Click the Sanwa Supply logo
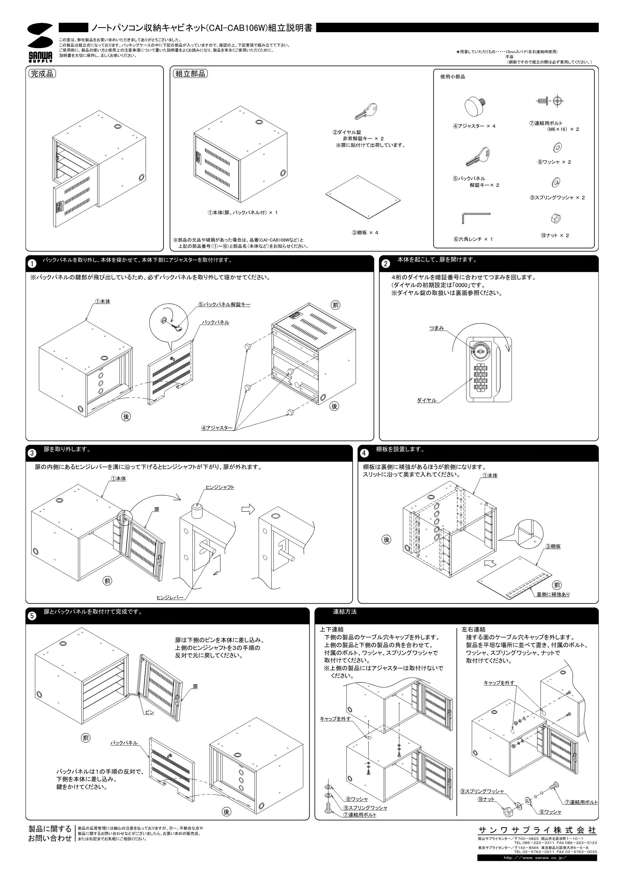(40, 42)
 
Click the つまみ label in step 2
(436, 328)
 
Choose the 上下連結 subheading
(332, 629)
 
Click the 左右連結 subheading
(474, 629)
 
